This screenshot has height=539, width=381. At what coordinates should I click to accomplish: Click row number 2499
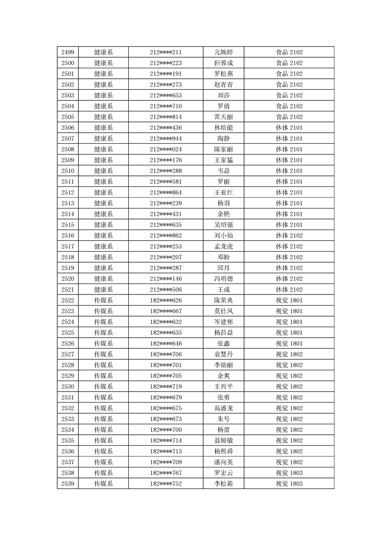point(68,52)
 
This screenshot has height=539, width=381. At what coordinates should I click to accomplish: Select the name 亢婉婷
point(223,52)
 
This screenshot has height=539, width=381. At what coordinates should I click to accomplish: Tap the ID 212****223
point(166,63)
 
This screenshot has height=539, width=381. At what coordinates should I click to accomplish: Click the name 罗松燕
point(223,74)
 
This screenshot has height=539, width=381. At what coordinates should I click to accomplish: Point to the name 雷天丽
point(223,117)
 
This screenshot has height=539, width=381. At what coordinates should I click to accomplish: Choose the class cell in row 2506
point(289,128)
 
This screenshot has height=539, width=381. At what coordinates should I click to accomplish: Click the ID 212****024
point(166,149)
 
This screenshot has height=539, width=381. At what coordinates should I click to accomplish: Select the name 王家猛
point(223,160)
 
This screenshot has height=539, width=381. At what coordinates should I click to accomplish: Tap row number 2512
point(68,193)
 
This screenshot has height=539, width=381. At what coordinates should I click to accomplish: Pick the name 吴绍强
point(223,225)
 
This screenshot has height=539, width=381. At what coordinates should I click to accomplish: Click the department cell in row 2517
point(103,246)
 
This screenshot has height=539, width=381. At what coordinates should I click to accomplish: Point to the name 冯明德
point(223,279)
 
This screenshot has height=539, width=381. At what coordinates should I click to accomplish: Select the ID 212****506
point(166,290)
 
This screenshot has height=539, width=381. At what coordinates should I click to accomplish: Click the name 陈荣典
point(223,300)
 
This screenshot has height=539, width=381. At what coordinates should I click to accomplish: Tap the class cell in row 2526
point(289,343)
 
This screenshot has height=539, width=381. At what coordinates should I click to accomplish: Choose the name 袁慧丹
point(223,354)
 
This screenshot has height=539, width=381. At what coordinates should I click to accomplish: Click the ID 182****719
point(166,387)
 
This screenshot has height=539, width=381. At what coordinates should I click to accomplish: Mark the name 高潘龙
point(223,408)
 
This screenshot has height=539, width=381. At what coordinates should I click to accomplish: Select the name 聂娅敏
point(223,441)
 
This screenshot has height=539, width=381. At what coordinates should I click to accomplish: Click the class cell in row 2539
point(289,484)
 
